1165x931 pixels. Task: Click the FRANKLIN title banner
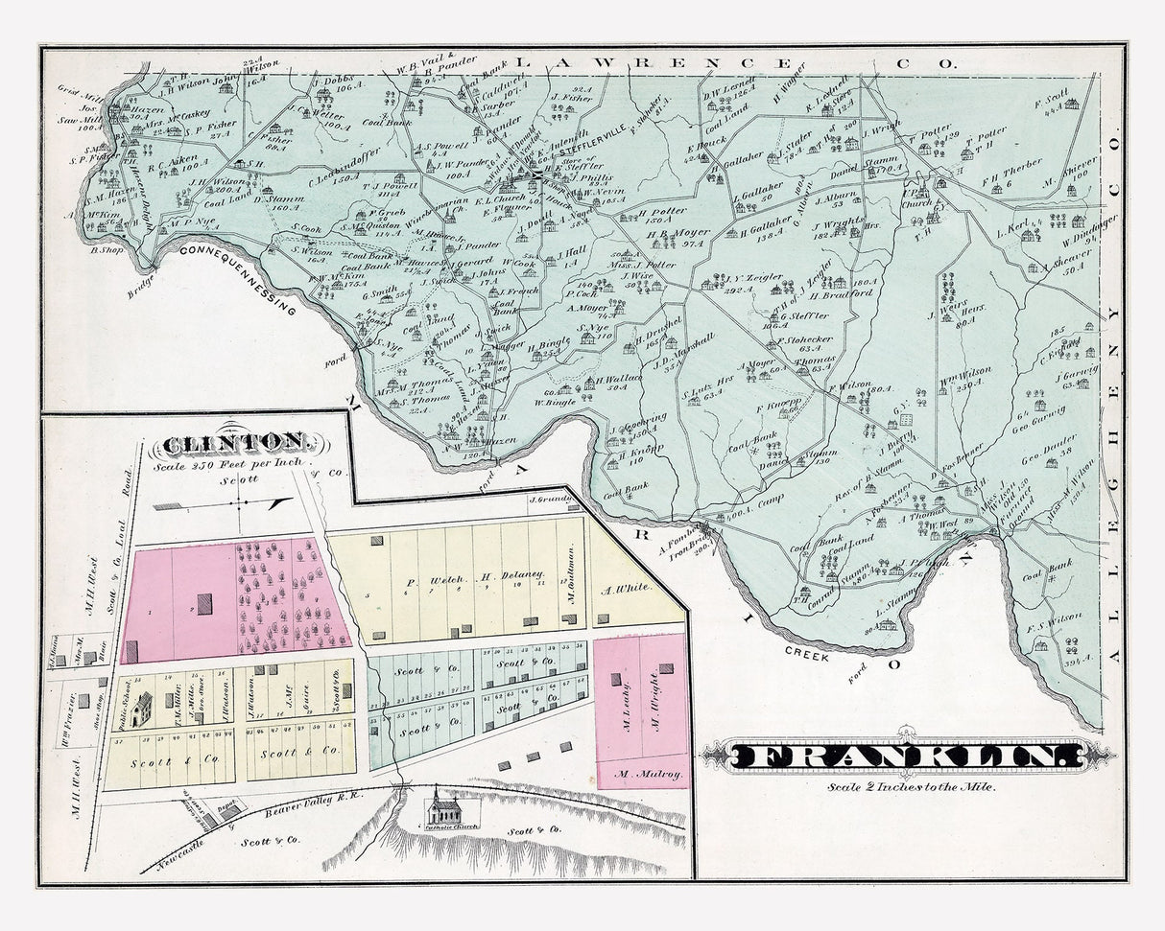(x=907, y=756)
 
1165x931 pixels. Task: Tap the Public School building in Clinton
(x=141, y=710)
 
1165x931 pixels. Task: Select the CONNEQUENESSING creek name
(x=240, y=275)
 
